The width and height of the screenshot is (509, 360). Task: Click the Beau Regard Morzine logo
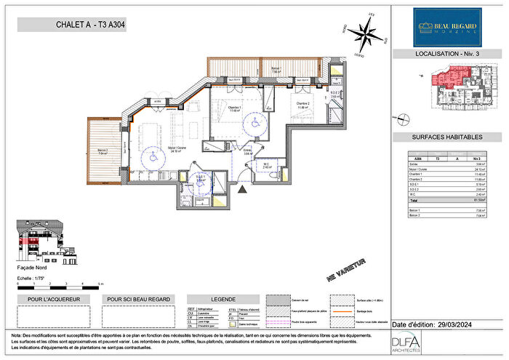tap(447, 27)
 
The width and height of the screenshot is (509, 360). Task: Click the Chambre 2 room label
tap(303, 104)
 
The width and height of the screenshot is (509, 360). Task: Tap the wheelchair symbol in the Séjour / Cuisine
tap(153, 155)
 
